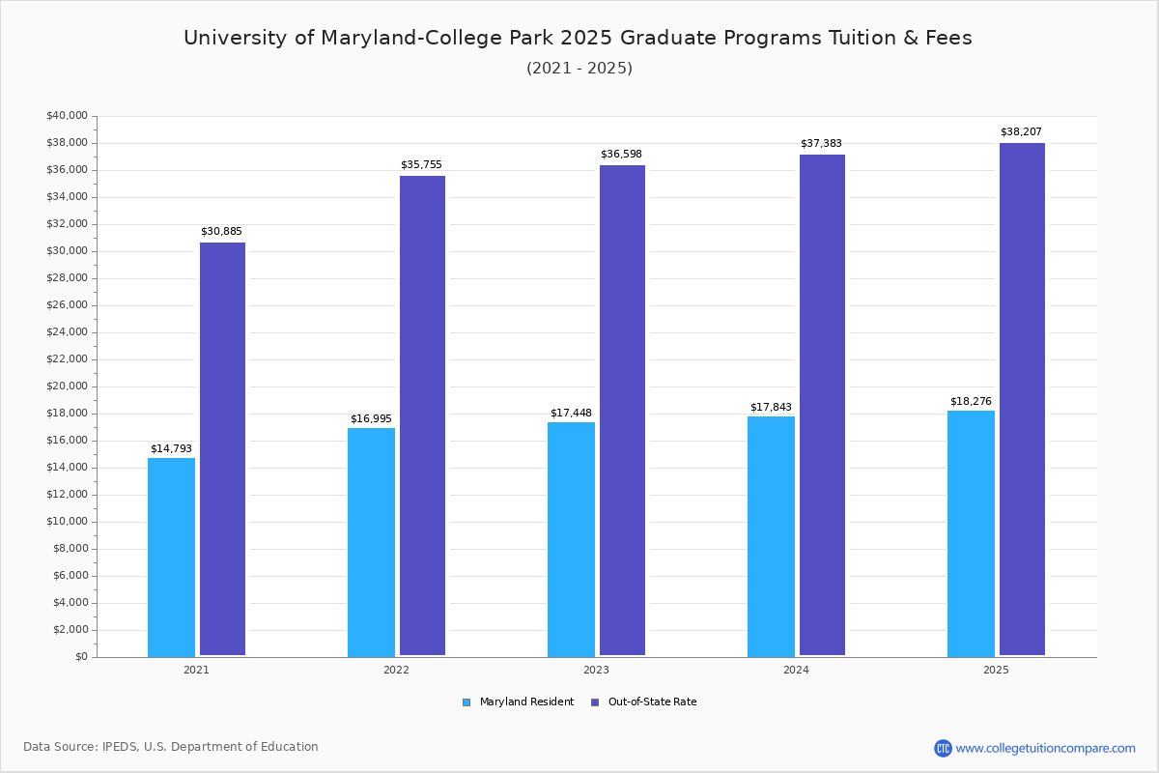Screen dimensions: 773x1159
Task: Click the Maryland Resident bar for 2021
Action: tap(171, 558)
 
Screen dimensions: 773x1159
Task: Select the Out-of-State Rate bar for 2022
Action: tap(422, 415)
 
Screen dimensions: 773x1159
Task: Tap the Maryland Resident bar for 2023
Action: tap(571, 539)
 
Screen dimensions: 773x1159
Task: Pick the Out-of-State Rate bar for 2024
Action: tap(822, 405)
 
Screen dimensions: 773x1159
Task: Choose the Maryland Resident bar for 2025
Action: tap(971, 533)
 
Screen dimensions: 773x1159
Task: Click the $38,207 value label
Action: tap(1021, 131)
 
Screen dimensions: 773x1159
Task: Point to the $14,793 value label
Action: tap(171, 448)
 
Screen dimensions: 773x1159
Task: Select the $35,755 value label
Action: tap(421, 164)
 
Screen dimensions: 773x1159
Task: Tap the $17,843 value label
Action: tap(771, 407)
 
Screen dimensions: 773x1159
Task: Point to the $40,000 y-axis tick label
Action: tap(67, 116)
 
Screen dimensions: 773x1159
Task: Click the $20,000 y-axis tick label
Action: tap(67, 386)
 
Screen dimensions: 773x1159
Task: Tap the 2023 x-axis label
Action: tap(596, 670)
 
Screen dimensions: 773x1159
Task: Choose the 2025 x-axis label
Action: tap(996, 670)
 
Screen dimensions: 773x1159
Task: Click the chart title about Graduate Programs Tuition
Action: tap(578, 39)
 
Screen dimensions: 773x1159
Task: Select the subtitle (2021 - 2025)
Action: tap(579, 69)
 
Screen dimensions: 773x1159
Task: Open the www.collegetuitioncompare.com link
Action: tap(1045, 748)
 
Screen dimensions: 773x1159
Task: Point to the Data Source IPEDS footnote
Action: tap(171, 747)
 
